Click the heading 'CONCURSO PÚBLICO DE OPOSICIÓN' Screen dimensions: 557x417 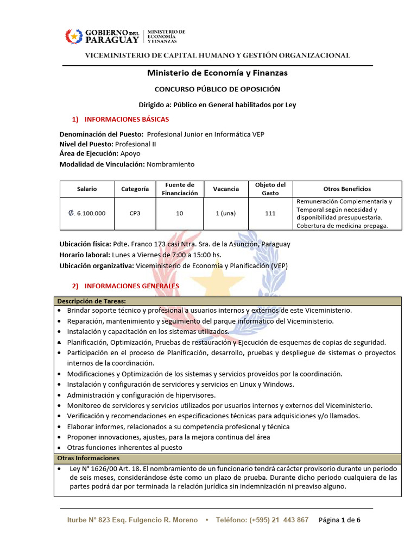click(217, 89)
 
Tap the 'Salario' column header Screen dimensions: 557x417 click(87, 189)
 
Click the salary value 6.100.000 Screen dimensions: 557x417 click(87, 213)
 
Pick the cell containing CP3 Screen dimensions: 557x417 click(135, 213)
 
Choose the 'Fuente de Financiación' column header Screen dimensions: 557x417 click(179, 189)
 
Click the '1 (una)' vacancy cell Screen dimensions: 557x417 click(225, 213)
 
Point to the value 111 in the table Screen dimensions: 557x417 click(270, 213)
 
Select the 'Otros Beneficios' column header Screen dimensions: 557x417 click(347, 189)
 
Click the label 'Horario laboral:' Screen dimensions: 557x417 click(84, 255)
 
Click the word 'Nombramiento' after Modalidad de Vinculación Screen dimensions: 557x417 click(170, 164)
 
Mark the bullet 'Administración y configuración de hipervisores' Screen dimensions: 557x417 click(141, 395)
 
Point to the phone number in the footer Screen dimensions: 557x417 click(262, 520)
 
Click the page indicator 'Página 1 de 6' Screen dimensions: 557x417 click(339, 520)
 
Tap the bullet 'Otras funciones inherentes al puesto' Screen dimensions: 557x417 click(124, 447)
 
